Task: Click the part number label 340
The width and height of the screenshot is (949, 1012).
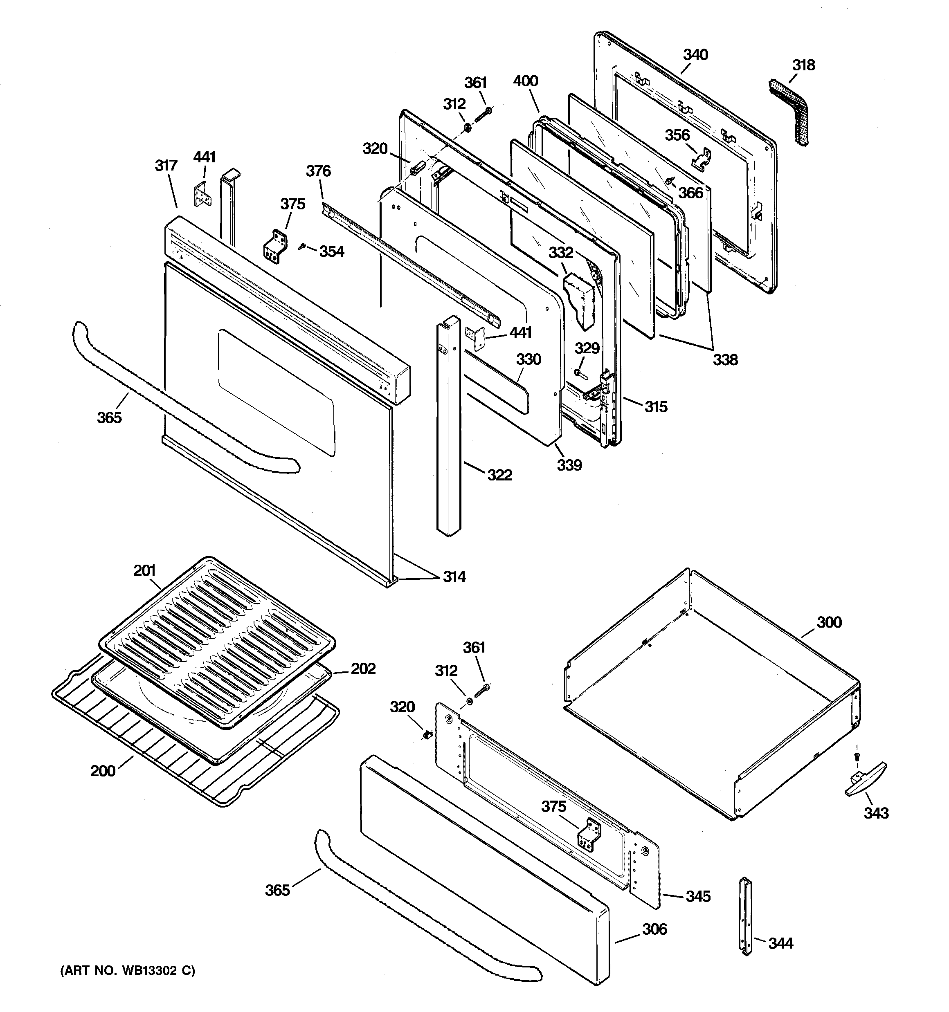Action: tap(695, 55)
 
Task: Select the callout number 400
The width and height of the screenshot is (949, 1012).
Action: tap(526, 81)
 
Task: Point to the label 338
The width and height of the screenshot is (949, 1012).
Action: tap(725, 360)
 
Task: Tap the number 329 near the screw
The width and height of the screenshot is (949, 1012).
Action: tap(587, 349)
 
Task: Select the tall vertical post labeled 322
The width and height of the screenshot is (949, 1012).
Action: tap(448, 428)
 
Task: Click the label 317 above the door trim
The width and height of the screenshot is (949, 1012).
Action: tap(166, 166)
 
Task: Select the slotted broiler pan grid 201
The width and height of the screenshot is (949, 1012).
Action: tap(216, 642)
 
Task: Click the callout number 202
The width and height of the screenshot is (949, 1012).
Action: tap(363, 669)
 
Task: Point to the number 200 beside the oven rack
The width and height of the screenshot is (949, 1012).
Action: tap(103, 771)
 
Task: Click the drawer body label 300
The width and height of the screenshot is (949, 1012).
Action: tap(829, 622)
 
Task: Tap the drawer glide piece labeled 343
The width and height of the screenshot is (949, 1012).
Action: tap(866, 784)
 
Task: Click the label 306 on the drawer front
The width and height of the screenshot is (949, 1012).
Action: tap(654, 929)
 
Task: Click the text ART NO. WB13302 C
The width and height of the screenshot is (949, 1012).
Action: tap(127, 971)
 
